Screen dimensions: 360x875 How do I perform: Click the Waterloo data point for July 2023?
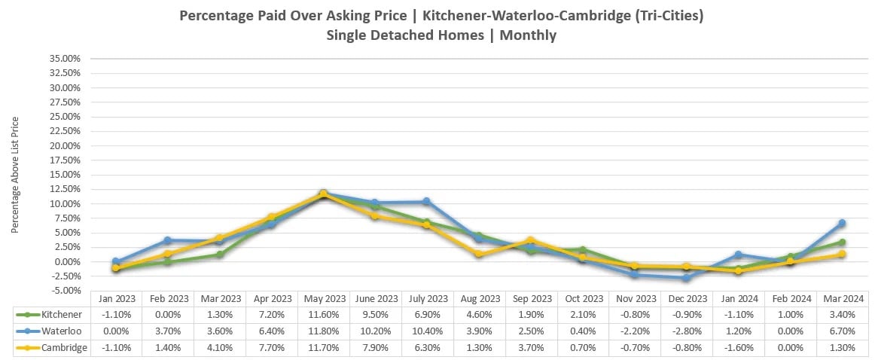[x=426, y=202]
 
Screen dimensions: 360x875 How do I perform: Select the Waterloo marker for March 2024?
[x=842, y=223]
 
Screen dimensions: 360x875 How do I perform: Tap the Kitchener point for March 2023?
[x=219, y=255]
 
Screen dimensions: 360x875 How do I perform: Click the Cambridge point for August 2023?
[x=479, y=255]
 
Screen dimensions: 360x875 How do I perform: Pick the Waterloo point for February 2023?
[x=167, y=240]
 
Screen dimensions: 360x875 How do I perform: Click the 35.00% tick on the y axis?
[x=65, y=59]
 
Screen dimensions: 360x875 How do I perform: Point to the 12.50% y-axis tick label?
[x=65, y=189]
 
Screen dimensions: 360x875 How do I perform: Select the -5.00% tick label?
[x=65, y=291]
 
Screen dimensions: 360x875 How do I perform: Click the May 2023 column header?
[x=323, y=298]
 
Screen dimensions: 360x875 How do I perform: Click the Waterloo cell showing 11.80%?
[x=323, y=331]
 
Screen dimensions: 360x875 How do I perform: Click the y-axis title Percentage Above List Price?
[x=15, y=174]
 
